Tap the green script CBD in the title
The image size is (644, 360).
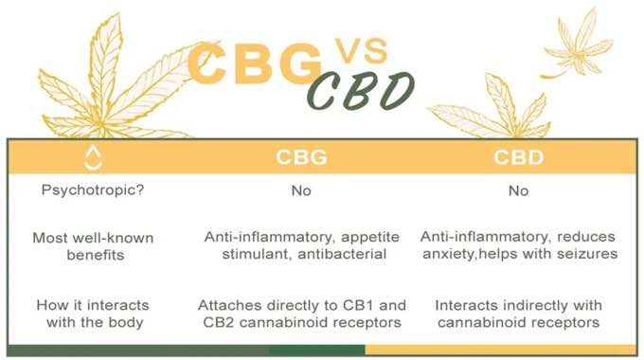[x=362, y=91]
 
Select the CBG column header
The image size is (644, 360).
[x=301, y=157]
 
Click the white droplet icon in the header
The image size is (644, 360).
[x=93, y=157]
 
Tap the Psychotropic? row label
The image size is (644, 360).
[x=93, y=189]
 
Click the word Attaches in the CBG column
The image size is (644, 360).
[x=230, y=305]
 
